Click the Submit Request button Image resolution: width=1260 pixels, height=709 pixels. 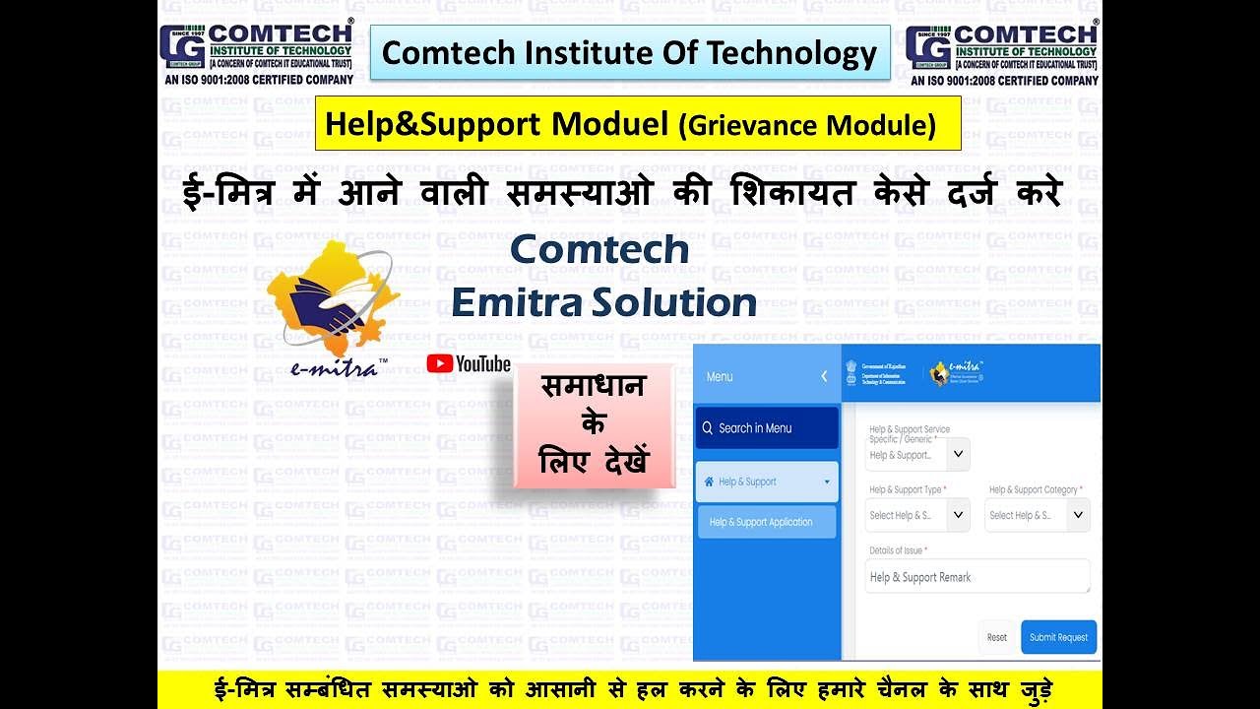(x=1058, y=637)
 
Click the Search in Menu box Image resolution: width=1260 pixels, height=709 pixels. (x=767, y=428)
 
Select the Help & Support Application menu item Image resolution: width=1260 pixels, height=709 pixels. (x=766, y=522)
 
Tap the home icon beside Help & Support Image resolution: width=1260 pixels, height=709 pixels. (x=709, y=482)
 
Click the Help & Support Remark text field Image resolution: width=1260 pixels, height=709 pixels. (x=977, y=577)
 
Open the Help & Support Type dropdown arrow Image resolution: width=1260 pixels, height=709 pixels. (x=959, y=514)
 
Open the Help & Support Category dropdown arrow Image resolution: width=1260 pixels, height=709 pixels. (x=1078, y=514)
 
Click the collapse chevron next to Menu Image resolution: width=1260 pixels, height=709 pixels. (x=824, y=376)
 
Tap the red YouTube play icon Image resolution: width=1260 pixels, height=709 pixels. (x=439, y=363)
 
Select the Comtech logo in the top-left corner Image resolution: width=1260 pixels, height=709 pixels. (x=257, y=53)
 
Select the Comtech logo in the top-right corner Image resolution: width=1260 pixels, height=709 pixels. (x=1002, y=53)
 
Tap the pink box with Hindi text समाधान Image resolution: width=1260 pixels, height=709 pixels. (x=593, y=424)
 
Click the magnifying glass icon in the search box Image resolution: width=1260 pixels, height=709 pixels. (x=707, y=428)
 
